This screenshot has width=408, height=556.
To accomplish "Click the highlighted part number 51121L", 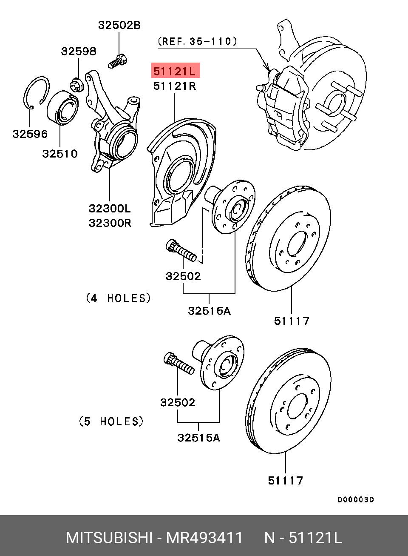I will coord(175,71).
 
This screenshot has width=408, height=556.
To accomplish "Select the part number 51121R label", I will coord(175,86).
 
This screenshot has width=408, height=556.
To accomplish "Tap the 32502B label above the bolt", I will coord(119,25).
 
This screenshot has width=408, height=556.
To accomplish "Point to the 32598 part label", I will coord(79,51).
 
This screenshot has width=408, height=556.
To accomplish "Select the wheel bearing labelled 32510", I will coord(62,108).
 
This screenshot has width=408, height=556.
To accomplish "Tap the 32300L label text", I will coord(110,209).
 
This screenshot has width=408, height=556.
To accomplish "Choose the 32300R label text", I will coord(110,223).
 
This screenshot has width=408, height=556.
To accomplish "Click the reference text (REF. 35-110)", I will coord(197,41).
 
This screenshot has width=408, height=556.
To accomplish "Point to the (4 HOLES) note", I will coord(118,298).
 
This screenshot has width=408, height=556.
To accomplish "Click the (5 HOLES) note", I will coord(111,421).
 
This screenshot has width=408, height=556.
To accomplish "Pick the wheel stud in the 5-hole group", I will coord(179,363).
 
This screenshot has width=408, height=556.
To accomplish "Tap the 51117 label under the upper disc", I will coord(292,321).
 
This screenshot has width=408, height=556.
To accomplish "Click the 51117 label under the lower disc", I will coord(286,481).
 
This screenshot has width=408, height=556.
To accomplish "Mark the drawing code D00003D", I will coord(356,500).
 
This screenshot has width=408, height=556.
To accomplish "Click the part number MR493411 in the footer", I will coord(204,538).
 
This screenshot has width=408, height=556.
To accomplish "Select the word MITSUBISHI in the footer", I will coord(109,538).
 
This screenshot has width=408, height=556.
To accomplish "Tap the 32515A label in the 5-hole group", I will coord(198,438).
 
